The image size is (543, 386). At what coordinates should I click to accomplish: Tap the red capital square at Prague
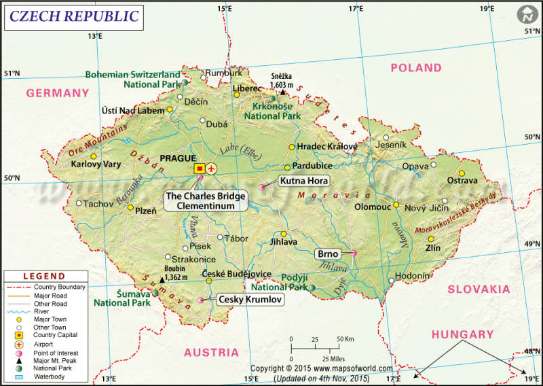[x=200, y=168]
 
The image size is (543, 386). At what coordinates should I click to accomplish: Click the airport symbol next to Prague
[x=212, y=168]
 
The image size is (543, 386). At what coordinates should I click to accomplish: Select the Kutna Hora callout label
[x=304, y=181]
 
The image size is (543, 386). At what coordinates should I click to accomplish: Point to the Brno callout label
[x=328, y=253]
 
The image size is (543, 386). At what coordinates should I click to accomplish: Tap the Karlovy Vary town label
[x=96, y=164]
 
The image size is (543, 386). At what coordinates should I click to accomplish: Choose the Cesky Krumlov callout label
[x=249, y=298]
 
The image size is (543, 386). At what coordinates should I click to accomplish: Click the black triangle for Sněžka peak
[x=283, y=92]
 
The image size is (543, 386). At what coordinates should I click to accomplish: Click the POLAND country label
[x=416, y=68]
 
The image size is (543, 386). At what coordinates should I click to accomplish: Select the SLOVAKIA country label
[x=479, y=289]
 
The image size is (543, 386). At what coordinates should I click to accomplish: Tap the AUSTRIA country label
[x=211, y=352]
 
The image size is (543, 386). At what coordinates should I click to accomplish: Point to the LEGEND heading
[x=44, y=277]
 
